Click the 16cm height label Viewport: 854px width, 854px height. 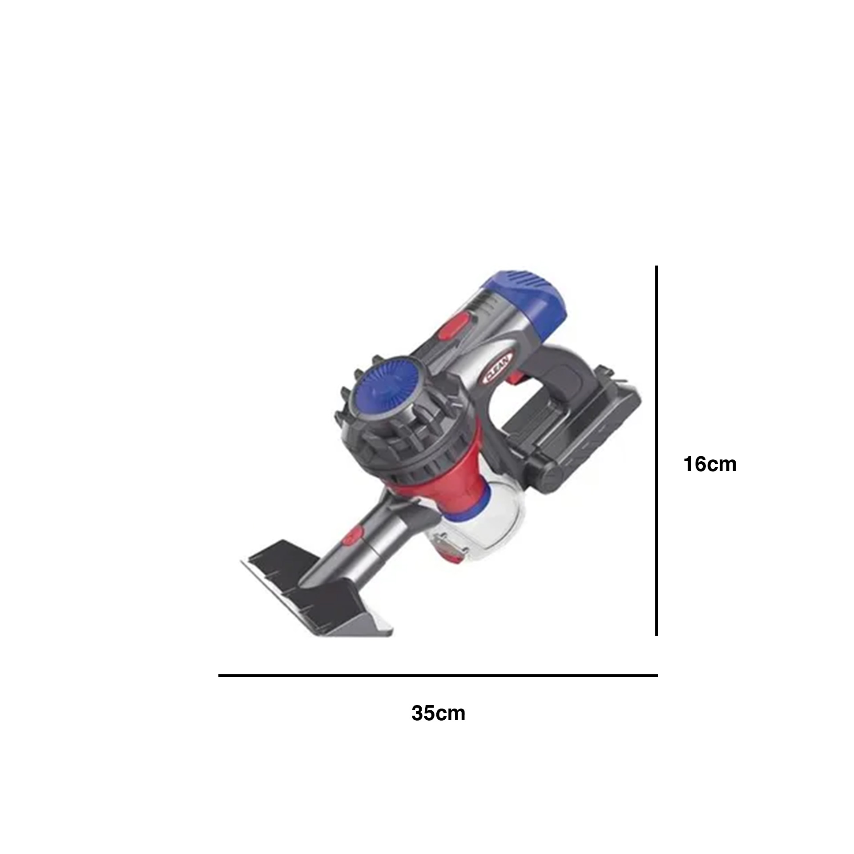[710, 464]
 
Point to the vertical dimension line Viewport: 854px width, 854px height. [656, 451]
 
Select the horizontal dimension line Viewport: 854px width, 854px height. [438, 676]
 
